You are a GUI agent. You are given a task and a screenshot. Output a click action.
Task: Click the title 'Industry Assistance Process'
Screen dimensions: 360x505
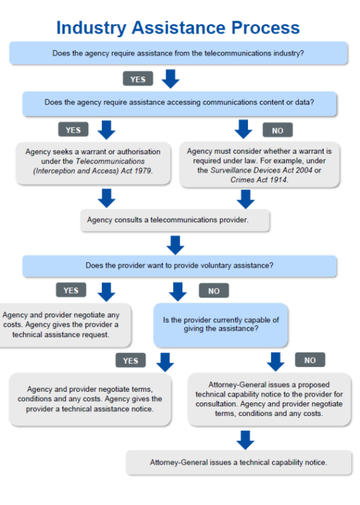pyautogui.click(x=178, y=28)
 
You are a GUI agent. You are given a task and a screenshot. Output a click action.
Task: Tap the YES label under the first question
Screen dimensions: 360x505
pyautogui.click(x=138, y=79)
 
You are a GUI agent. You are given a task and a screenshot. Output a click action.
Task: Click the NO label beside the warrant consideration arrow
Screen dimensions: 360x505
pyautogui.click(x=278, y=130)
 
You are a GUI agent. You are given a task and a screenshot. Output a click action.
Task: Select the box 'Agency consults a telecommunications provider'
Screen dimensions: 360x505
pyautogui.click(x=175, y=220)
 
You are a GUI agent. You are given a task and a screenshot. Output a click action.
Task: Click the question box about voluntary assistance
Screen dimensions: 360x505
pyautogui.click(x=179, y=266)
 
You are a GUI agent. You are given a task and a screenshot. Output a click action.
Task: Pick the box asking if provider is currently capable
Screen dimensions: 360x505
pyautogui.click(x=221, y=325)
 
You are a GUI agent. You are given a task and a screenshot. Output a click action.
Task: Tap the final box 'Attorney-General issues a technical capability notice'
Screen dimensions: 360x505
pyautogui.click(x=239, y=463)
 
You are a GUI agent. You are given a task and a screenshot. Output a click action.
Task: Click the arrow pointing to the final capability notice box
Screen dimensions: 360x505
pyautogui.click(x=246, y=440)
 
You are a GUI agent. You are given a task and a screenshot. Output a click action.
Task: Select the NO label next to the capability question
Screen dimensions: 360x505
pyautogui.click(x=310, y=360)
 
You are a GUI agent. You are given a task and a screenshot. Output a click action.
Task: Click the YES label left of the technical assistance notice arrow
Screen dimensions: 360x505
pyautogui.click(x=131, y=360)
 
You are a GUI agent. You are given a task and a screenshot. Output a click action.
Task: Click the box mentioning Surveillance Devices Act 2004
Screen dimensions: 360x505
pyautogui.click(x=260, y=165)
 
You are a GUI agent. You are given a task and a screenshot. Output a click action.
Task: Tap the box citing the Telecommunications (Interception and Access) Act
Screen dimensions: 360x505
pyautogui.click(x=93, y=163)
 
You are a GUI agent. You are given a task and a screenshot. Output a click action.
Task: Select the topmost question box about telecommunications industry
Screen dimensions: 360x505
pyautogui.click(x=179, y=53)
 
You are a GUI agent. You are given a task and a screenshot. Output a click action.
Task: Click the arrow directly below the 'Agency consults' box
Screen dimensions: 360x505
pyautogui.click(x=175, y=245)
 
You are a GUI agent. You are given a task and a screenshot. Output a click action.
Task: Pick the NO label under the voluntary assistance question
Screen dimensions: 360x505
pyautogui.click(x=214, y=290)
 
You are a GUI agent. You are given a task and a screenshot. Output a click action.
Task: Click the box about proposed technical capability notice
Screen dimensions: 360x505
pyautogui.click(x=269, y=400)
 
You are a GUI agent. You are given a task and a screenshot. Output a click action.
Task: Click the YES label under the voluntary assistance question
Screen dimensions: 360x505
pyautogui.click(x=71, y=290)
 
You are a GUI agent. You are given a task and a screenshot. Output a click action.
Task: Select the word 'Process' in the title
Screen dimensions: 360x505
pyautogui.click(x=266, y=28)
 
